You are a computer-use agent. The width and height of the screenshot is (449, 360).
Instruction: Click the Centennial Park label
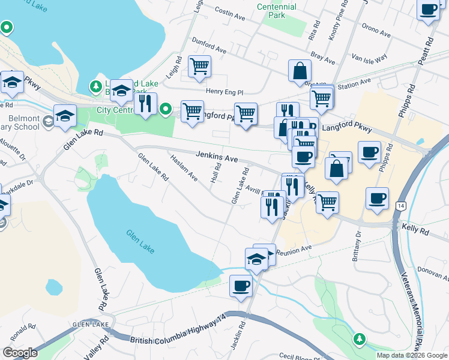[277, 11]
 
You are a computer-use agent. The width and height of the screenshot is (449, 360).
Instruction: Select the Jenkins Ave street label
[217, 157]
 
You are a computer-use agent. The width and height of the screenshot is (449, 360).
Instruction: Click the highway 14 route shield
[400, 206]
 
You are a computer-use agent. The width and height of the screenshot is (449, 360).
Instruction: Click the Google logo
[20, 353]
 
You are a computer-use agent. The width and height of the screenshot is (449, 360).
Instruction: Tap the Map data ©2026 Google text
[411, 355]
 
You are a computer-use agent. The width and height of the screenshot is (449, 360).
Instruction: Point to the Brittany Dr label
[358, 242]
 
